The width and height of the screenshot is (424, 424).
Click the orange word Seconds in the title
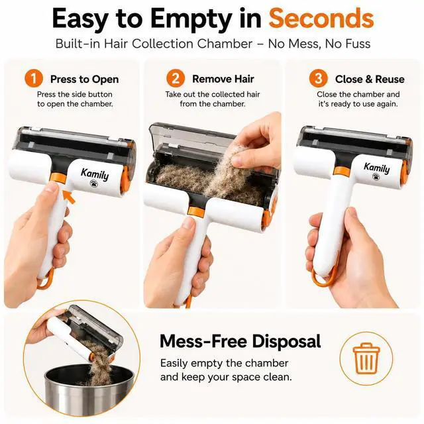321,18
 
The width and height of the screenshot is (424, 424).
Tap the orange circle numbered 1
34,79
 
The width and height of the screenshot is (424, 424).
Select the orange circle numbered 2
176,79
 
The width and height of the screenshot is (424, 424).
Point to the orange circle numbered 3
318,79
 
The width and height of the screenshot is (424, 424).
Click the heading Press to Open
84,79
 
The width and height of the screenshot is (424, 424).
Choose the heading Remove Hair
223,79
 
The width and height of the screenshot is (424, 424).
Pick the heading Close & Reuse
370,79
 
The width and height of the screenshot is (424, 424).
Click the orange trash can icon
366,358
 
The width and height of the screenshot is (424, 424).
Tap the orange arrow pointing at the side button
69,197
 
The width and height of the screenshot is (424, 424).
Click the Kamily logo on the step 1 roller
95,174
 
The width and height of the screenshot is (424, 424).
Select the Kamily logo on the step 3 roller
377,168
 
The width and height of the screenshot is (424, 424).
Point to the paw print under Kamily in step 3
376,177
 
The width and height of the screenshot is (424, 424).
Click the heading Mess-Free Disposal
240,341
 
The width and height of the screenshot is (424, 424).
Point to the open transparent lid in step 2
189,135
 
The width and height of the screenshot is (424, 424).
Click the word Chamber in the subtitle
225,44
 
